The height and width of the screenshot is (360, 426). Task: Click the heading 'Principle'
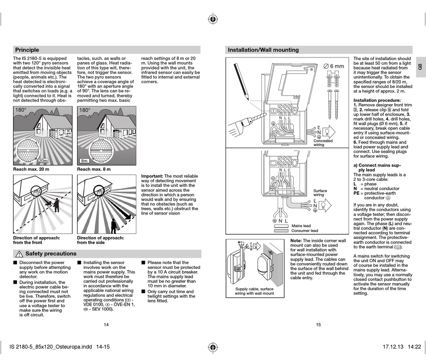27,50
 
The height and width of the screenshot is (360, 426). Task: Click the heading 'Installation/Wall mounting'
263,50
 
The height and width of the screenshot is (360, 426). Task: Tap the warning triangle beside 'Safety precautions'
19,254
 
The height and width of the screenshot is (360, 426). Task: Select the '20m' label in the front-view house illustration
43,161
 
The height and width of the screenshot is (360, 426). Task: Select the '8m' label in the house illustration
84,161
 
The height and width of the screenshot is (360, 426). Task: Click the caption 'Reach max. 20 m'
31,169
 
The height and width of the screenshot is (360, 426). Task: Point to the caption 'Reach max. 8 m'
94,169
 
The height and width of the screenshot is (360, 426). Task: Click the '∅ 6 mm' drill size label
334,66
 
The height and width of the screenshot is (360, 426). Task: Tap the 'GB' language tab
420,66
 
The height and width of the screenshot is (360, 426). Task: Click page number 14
106,325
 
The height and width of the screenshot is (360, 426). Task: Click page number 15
318,325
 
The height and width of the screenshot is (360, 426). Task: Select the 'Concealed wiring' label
323,143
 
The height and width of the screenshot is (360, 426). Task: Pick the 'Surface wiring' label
320,193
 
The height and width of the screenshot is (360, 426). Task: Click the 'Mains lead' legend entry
301,226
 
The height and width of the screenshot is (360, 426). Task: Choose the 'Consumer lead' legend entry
304,231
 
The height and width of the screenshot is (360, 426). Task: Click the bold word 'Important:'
152,176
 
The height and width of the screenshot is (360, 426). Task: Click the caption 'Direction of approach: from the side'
100,240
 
